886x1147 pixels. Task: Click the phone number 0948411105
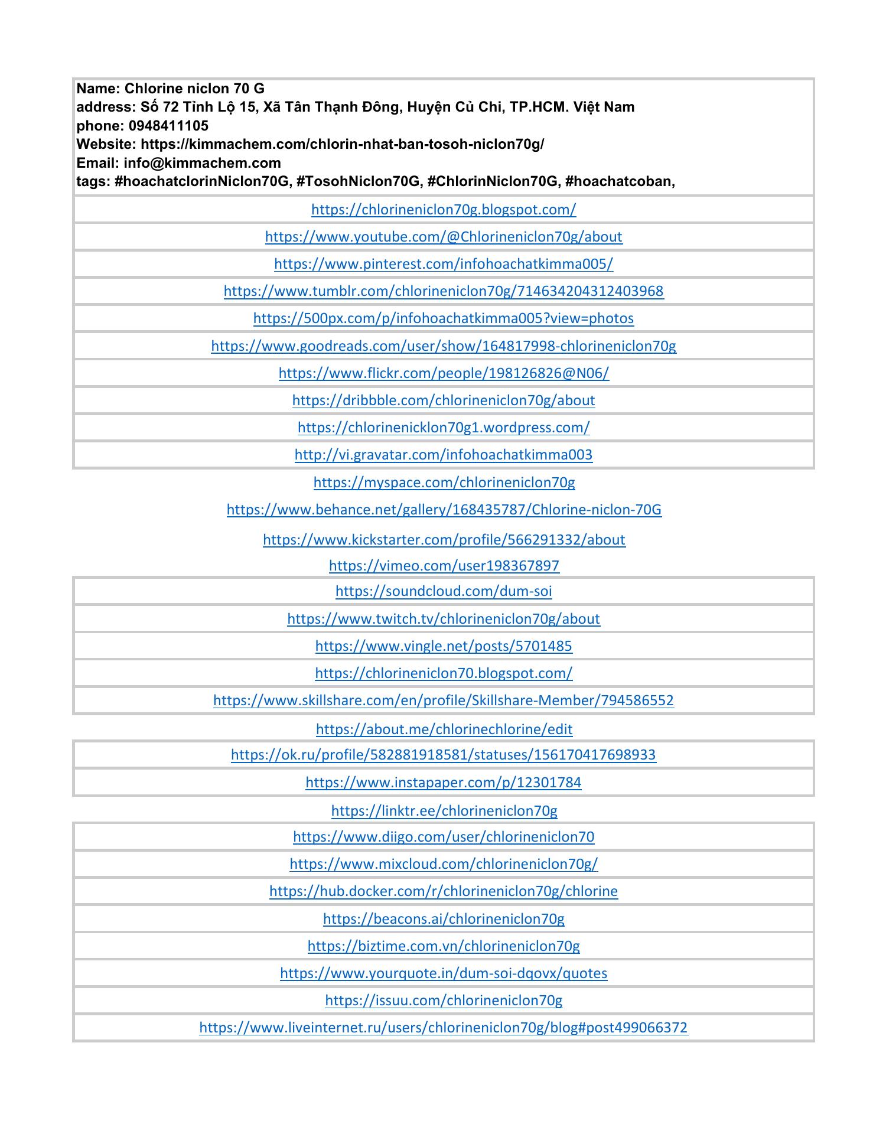(168, 126)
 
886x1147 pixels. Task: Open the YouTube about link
(443, 237)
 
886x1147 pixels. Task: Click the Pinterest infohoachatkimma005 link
(443, 264)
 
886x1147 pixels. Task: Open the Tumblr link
(443, 291)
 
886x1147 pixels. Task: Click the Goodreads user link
(443, 346)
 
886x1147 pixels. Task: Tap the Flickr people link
(443, 373)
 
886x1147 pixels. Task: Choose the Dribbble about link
(443, 400)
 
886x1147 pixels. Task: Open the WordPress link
(443, 428)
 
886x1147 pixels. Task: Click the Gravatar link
(443, 455)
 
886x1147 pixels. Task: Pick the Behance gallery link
(443, 510)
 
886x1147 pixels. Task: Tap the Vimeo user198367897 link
(443, 566)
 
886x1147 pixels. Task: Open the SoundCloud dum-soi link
(443, 591)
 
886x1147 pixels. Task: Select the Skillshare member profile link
(443, 700)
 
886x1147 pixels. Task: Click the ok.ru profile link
(443, 755)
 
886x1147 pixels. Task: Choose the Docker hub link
(443, 891)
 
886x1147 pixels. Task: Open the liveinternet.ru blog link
(443, 1028)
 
